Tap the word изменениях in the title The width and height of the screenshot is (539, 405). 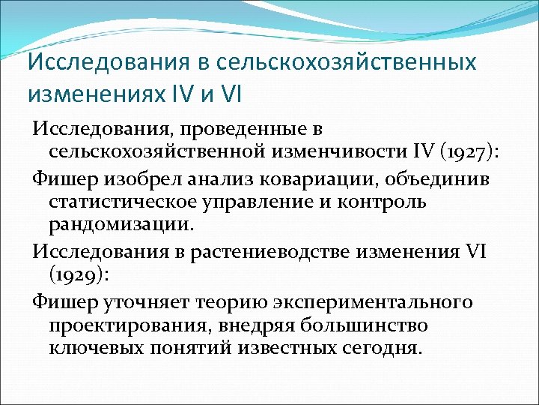point(88,94)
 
